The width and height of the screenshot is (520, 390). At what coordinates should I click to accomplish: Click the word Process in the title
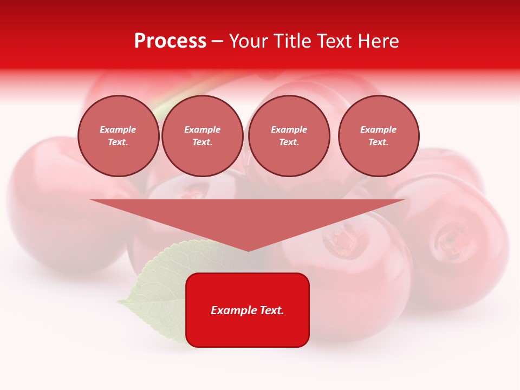170,41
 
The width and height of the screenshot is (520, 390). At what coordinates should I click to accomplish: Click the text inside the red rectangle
248,310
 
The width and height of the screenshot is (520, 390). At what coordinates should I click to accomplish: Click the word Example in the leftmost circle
118,129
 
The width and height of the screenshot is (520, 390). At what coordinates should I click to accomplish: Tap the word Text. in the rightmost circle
379,142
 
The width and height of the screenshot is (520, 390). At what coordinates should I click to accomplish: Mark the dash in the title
217,41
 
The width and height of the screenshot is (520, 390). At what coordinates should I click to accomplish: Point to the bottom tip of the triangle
248,250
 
